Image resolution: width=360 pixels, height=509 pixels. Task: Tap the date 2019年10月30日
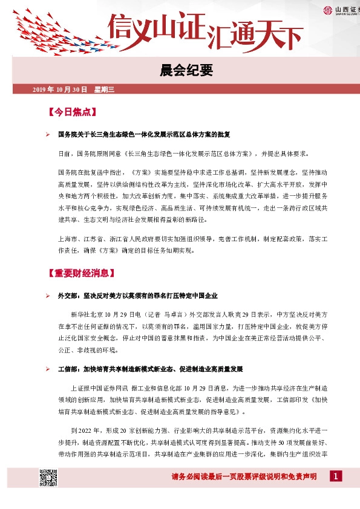60,89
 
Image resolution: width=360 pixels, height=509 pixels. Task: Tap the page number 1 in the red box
334,476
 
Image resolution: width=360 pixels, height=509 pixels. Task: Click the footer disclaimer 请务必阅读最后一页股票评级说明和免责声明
244,477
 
